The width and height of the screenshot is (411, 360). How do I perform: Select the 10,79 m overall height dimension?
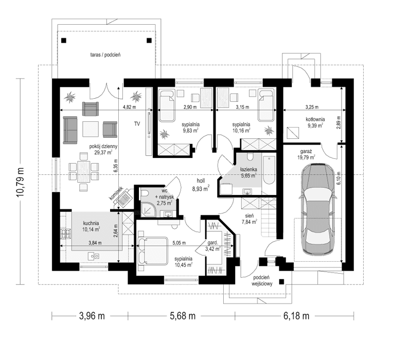point(21,180)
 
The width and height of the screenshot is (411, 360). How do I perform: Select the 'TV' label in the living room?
point(137,124)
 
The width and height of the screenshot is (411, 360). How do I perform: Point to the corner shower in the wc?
point(149,208)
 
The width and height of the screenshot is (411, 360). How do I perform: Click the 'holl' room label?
point(201,182)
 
